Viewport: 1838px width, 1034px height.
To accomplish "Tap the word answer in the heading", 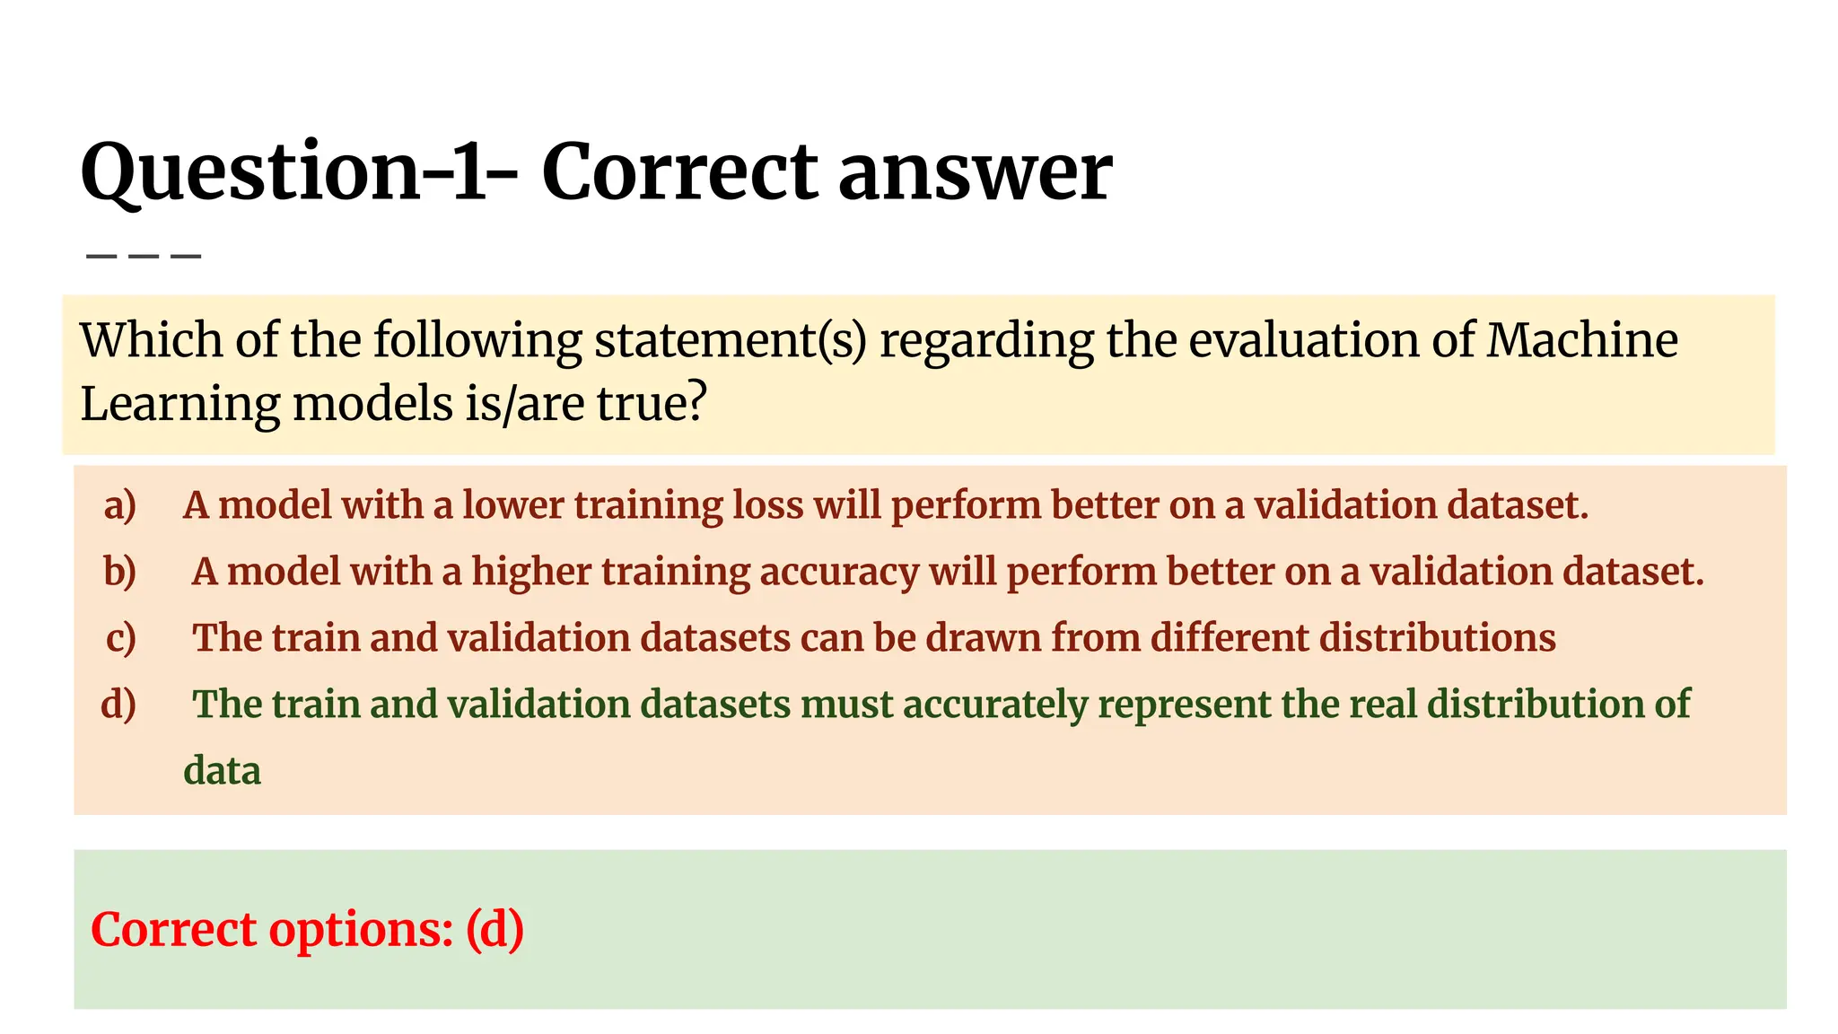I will (976, 172).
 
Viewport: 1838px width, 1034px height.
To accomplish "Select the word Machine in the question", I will (1582, 340).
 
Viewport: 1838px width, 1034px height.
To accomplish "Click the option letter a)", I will (120, 505).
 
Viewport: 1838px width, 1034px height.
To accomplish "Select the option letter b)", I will (120, 572).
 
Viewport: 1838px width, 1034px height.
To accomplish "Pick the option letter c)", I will (120, 638).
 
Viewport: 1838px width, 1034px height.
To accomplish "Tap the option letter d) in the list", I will (118, 705).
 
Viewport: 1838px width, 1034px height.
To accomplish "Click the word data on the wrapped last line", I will (222, 771).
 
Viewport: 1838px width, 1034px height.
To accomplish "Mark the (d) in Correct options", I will (495, 930).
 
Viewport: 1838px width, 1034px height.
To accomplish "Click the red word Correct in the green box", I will (173, 930).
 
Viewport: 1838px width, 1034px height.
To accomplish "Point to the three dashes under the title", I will (144, 257).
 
